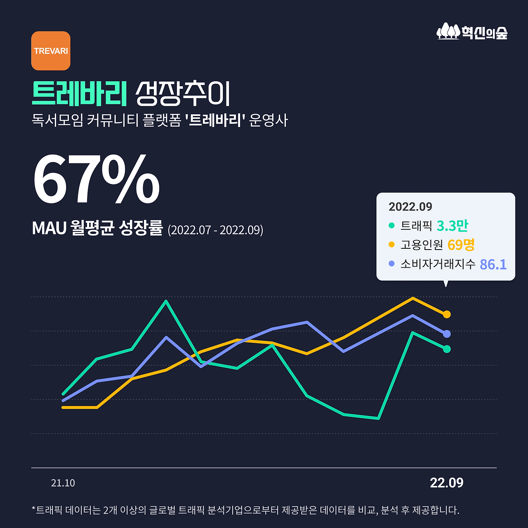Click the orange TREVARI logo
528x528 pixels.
pos(51,51)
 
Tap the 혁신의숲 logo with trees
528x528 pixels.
pos(472,31)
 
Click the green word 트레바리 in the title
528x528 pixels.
pos(79,94)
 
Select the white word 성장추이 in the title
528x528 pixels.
pos(183,94)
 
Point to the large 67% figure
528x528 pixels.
pos(96,179)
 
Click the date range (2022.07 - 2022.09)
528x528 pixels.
pos(215,230)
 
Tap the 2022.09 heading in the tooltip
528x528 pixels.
pos(410,207)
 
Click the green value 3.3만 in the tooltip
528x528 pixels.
pos(452,226)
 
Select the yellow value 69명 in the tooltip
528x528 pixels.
pos(461,245)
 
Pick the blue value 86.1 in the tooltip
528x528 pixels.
pos(493,264)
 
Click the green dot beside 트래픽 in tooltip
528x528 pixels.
pos(391,225)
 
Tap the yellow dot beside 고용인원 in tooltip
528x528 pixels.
pos(391,245)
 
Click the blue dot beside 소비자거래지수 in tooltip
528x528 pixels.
pos(391,264)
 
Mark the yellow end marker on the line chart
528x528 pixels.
pos(447,314)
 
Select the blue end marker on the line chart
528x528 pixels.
pos(447,334)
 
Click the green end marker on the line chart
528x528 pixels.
pos(447,349)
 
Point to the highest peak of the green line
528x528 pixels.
pos(166,301)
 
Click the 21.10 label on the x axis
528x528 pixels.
pos(63,483)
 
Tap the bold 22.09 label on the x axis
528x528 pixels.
pos(446,483)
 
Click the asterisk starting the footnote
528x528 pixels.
pos(33,509)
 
